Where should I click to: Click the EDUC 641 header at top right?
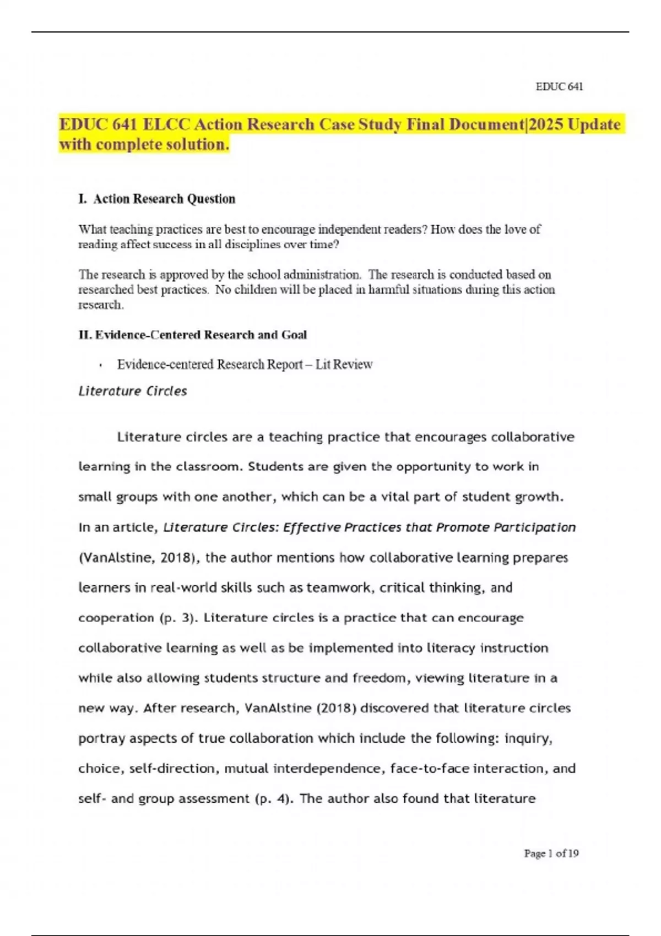pos(559,86)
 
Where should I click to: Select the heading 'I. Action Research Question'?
pos(157,199)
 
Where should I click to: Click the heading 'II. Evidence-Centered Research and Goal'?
pos(192,335)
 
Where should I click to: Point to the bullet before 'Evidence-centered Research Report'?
pos(101,365)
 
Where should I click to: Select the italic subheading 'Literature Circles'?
pos(133,391)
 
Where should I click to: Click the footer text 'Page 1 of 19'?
pos(551,853)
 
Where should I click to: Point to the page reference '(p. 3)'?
pos(178,618)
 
